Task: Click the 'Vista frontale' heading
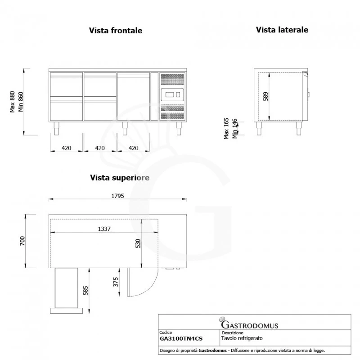(x=116, y=31)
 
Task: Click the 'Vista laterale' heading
(x=282, y=30)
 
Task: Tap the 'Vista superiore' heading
(x=119, y=178)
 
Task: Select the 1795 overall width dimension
(x=117, y=196)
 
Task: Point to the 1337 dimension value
(x=104, y=229)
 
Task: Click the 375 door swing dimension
(x=116, y=282)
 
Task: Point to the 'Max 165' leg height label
(x=226, y=128)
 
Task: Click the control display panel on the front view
(x=172, y=94)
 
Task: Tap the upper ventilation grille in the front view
(x=172, y=80)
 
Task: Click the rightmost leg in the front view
(x=179, y=129)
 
